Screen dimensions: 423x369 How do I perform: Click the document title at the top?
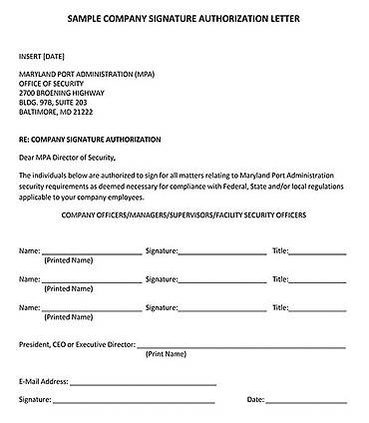point(184,19)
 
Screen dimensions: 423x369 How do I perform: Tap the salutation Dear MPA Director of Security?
point(68,157)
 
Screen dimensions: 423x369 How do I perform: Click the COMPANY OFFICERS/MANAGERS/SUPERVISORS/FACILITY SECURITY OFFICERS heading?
point(184,214)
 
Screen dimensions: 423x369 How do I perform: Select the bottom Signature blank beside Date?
point(134,401)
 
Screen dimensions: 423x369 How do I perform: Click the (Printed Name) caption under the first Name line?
point(67,261)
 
